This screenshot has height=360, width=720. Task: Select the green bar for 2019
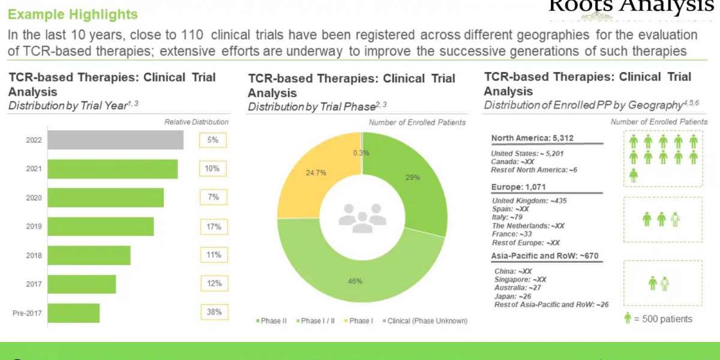pyautogui.click(x=101, y=227)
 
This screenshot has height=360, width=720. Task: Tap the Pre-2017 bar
pyautogui.click(x=73, y=313)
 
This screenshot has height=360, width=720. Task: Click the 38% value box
pyautogui.click(x=214, y=312)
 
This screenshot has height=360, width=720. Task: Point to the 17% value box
pyautogui.click(x=214, y=227)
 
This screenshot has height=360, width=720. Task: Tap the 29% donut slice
pyautogui.click(x=414, y=180)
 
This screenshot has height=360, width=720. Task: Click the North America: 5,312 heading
pyautogui.click(x=532, y=138)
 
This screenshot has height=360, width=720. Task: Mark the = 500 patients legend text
pyautogui.click(x=664, y=319)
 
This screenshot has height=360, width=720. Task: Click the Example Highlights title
pyautogui.click(x=73, y=14)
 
